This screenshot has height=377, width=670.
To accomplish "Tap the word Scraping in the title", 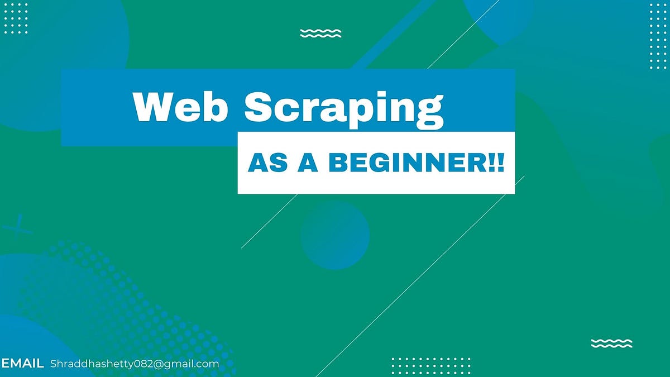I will (x=344, y=108).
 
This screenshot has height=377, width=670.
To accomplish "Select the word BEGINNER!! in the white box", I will (x=416, y=163).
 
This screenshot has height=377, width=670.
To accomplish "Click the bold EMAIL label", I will (x=23, y=364).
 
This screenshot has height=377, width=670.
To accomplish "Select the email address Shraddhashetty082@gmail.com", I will (x=135, y=364).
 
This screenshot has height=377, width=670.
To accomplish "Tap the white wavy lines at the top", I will (x=320, y=34).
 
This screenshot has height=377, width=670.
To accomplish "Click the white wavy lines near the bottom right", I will (x=611, y=343).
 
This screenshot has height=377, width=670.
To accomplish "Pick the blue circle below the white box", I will (x=335, y=235).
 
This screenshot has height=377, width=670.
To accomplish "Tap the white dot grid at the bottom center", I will (x=430, y=366).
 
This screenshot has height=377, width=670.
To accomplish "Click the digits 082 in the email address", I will (x=142, y=364).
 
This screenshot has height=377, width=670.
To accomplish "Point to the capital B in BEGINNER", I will (x=338, y=163).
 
